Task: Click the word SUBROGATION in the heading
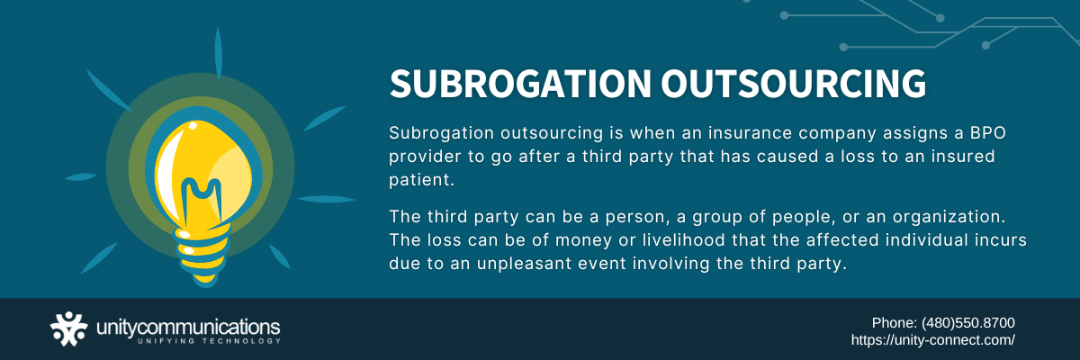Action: tap(521, 84)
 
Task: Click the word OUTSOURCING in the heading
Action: tap(794, 84)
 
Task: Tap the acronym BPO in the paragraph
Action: tap(988, 133)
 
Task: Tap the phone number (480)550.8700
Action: tap(968, 323)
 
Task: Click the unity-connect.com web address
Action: tap(933, 340)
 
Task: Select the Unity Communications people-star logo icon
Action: tap(69, 328)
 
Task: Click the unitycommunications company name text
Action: tap(188, 328)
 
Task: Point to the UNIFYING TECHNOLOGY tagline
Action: tap(209, 341)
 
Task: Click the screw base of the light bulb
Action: tap(202, 256)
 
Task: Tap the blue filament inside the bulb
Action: tap(202, 198)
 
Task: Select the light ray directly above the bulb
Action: tap(219, 54)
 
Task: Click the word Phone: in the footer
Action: tap(895, 323)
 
